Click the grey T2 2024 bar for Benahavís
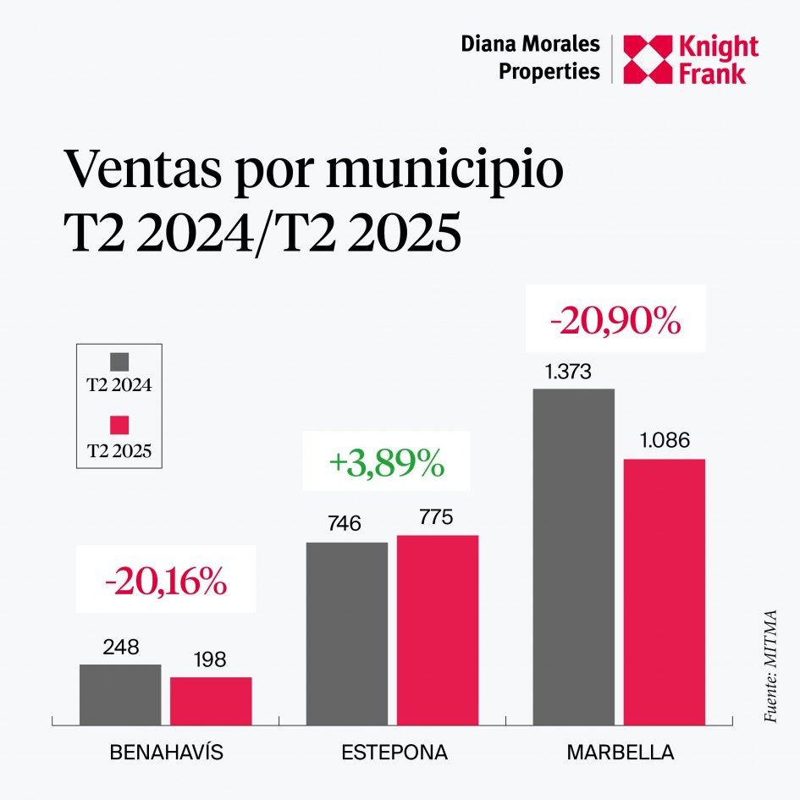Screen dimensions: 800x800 [120, 694]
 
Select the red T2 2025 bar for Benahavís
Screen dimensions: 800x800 [211, 701]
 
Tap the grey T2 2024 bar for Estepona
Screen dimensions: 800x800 [347, 633]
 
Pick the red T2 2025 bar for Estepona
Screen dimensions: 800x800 [438, 630]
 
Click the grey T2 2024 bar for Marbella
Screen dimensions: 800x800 [573, 556]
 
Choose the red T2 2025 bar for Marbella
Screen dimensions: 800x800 [664, 592]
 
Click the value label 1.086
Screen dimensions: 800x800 [664, 441]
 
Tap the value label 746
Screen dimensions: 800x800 [344, 524]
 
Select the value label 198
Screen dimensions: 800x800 [209, 660]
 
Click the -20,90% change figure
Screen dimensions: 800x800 [615, 321]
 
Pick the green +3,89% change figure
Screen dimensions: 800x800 [386, 463]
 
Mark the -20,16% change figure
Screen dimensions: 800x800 [166, 582]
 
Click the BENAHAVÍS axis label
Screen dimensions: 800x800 [167, 753]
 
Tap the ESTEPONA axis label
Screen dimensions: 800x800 [394, 753]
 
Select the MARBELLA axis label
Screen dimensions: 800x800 [621, 753]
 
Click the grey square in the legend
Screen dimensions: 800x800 [119, 362]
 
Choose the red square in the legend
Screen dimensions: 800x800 [119, 426]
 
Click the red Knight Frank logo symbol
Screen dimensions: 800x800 [647, 60]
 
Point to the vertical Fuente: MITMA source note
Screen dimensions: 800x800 [770, 665]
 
